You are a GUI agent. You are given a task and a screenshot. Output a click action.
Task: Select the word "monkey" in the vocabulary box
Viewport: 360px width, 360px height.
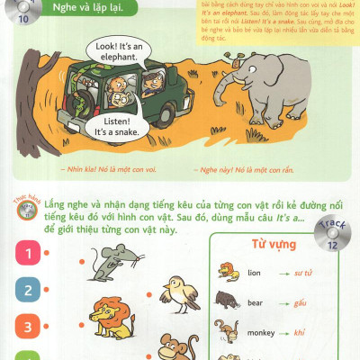[x=262, y=330]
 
